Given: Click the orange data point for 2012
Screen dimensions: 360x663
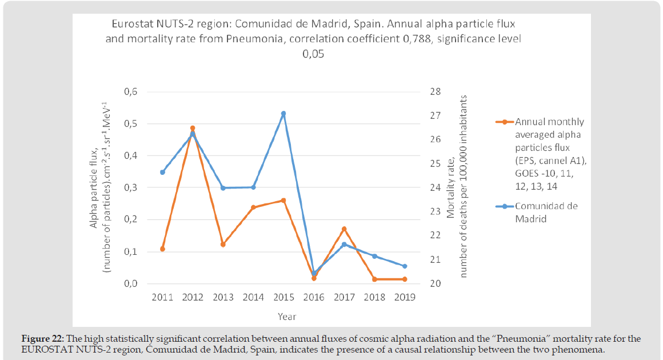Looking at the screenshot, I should pyautogui.click(x=193, y=128).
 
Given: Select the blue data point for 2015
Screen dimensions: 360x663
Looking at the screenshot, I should pyautogui.click(x=283, y=114).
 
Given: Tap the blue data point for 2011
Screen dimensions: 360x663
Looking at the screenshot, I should pyautogui.click(x=162, y=172).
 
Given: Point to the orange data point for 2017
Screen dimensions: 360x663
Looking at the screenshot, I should pyautogui.click(x=344, y=229).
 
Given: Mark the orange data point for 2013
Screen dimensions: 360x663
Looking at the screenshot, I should pyautogui.click(x=223, y=245).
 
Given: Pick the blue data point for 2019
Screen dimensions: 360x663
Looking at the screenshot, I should pyautogui.click(x=405, y=266).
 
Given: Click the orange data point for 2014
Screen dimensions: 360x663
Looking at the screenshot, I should pyautogui.click(x=253, y=207).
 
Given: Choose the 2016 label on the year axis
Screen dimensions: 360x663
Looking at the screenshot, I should pyautogui.click(x=314, y=297).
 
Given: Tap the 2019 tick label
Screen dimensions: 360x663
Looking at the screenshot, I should pyautogui.click(x=405, y=297).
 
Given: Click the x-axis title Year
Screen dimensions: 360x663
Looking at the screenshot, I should pyautogui.click(x=287, y=316).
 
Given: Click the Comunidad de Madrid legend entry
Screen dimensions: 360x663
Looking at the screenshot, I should pyautogui.click(x=546, y=212).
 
